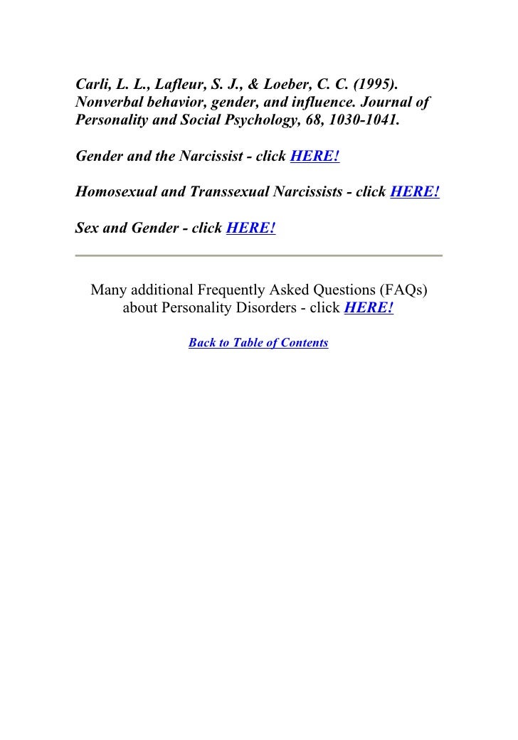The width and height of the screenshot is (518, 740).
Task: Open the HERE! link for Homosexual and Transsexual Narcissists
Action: click(x=415, y=192)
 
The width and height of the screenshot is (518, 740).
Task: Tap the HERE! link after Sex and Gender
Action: click(x=250, y=228)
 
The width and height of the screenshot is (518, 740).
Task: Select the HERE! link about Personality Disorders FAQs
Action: click(x=369, y=310)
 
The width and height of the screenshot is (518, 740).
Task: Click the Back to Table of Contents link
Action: click(x=258, y=343)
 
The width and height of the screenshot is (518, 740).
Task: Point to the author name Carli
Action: click(x=90, y=83)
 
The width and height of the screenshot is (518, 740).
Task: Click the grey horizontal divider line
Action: click(x=258, y=255)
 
